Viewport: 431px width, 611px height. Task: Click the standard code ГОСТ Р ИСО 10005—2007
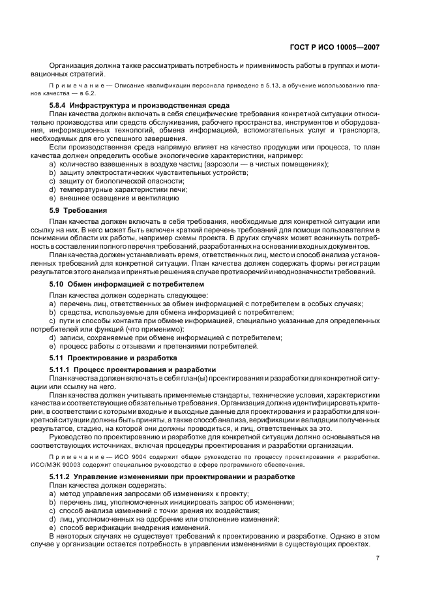point(333,47)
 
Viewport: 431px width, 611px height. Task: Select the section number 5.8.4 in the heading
point(60,105)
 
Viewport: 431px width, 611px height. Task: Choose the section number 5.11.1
point(63,369)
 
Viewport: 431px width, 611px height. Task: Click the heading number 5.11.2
point(63,477)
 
